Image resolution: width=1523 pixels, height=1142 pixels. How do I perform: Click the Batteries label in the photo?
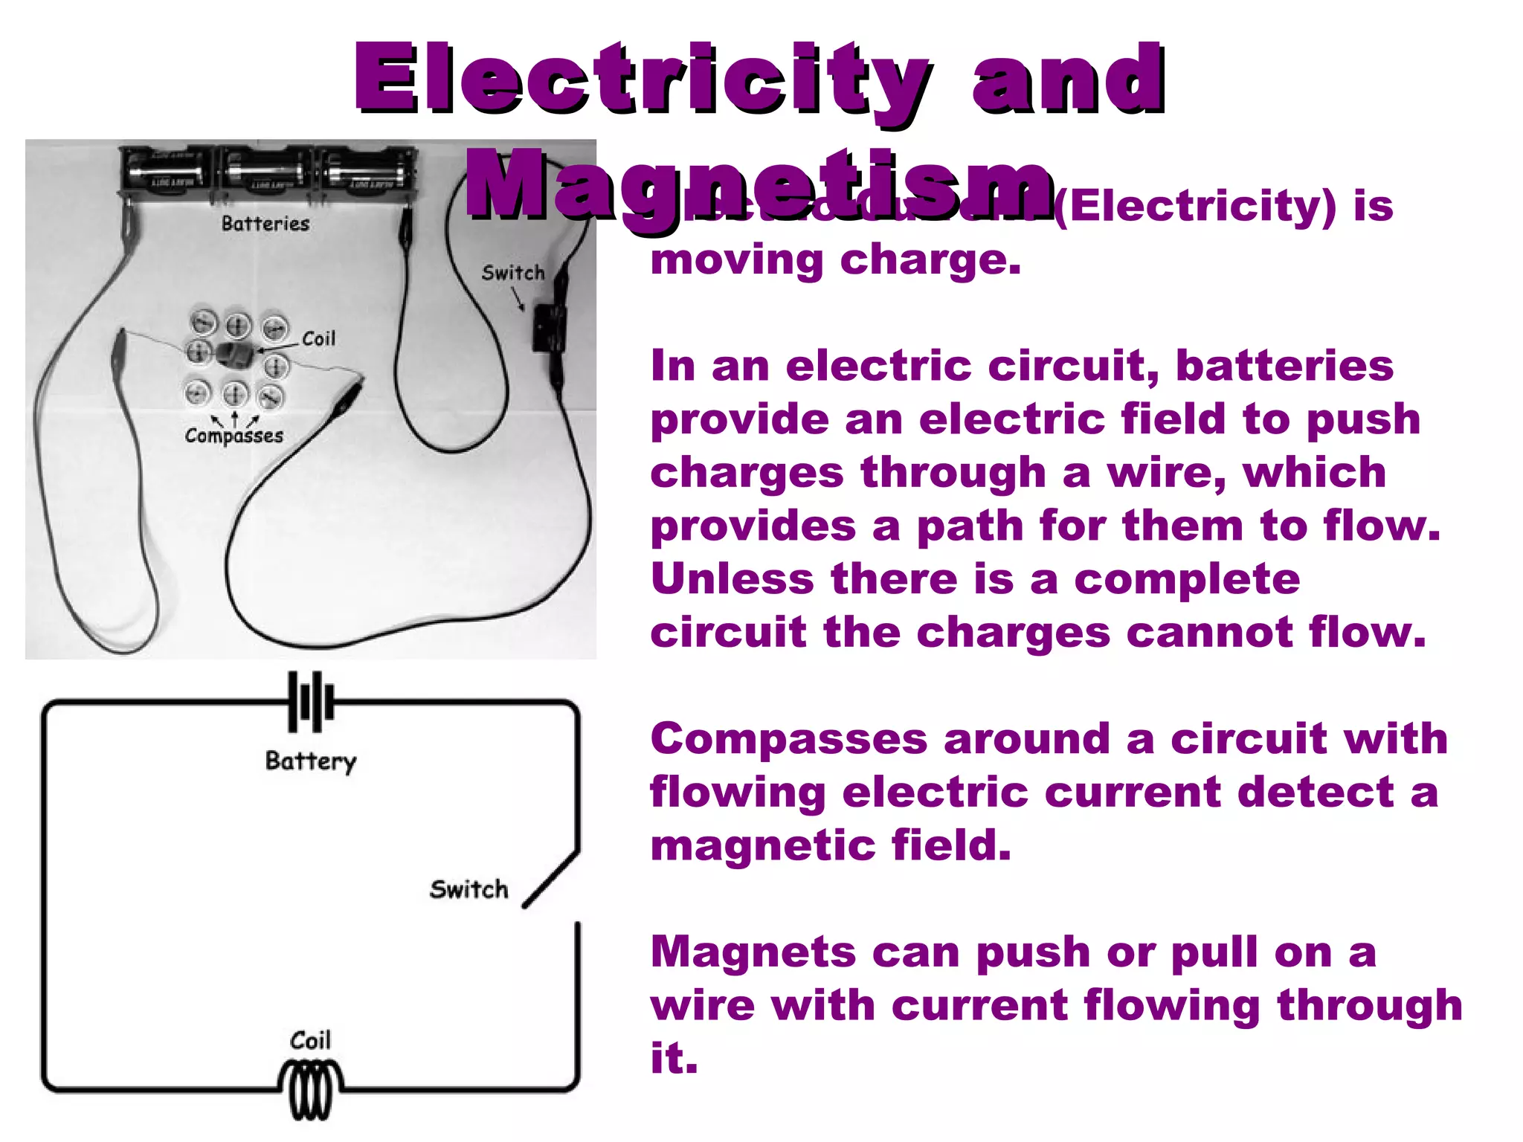point(265,224)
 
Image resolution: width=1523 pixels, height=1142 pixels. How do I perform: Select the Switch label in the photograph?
point(512,273)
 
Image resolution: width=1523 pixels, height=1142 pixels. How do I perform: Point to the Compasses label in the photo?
point(234,436)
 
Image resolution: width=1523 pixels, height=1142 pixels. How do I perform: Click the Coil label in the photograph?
point(318,339)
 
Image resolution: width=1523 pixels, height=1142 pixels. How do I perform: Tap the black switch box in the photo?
point(549,326)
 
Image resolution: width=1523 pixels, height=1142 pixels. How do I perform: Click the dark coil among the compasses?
point(235,355)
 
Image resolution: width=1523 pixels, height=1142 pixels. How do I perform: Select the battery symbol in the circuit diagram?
point(311,701)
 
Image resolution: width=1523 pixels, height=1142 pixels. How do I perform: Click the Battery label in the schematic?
point(311,761)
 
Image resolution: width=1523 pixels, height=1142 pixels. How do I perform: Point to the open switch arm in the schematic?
point(550,880)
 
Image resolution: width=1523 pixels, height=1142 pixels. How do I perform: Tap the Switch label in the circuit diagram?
point(469,889)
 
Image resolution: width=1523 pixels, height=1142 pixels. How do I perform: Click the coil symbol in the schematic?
point(310,1090)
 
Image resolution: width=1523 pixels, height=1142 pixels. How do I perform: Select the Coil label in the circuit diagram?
point(309,1040)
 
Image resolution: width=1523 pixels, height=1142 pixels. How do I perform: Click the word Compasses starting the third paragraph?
point(788,739)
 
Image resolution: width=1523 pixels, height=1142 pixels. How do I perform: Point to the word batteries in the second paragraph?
point(1284,366)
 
